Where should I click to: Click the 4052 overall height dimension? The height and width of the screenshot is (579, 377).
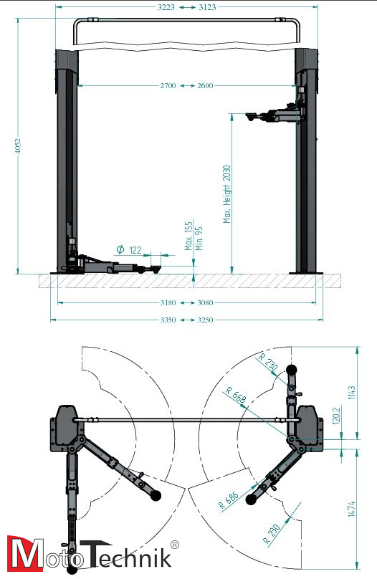click(x=18, y=146)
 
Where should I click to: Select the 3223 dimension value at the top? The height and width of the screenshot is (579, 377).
click(x=166, y=7)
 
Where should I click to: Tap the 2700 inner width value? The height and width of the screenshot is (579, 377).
click(x=168, y=86)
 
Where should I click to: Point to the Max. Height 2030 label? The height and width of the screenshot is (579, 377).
click(x=226, y=194)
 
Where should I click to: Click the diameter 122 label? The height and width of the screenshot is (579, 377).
click(x=129, y=250)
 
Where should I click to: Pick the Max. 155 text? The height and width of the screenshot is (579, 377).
click(x=188, y=236)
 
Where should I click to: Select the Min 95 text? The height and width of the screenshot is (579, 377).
click(x=199, y=239)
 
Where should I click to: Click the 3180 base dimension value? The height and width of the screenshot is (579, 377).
click(x=168, y=303)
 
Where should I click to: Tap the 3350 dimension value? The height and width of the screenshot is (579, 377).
click(x=168, y=320)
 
